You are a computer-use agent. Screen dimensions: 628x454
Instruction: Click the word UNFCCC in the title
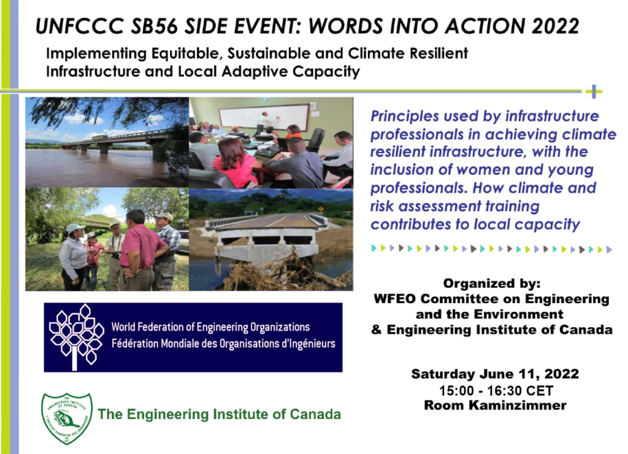click(80, 26)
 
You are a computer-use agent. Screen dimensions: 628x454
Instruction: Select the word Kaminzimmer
click(518, 405)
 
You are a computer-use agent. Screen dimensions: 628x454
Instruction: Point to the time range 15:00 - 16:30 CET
click(496, 390)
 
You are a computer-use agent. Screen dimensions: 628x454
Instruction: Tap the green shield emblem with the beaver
click(67, 418)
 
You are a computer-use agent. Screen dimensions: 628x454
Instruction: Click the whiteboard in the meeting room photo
click(264, 115)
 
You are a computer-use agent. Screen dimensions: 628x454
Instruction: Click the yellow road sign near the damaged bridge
click(321, 209)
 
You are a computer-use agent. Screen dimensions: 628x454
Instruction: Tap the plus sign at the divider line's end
click(594, 91)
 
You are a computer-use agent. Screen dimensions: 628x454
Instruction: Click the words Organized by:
click(491, 283)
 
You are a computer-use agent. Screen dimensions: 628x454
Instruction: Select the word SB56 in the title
click(154, 26)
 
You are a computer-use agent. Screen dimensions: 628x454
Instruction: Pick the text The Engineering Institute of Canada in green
click(219, 414)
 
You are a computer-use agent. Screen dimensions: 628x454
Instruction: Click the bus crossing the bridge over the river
click(100, 137)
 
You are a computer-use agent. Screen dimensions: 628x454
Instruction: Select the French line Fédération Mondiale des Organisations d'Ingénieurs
click(223, 344)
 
